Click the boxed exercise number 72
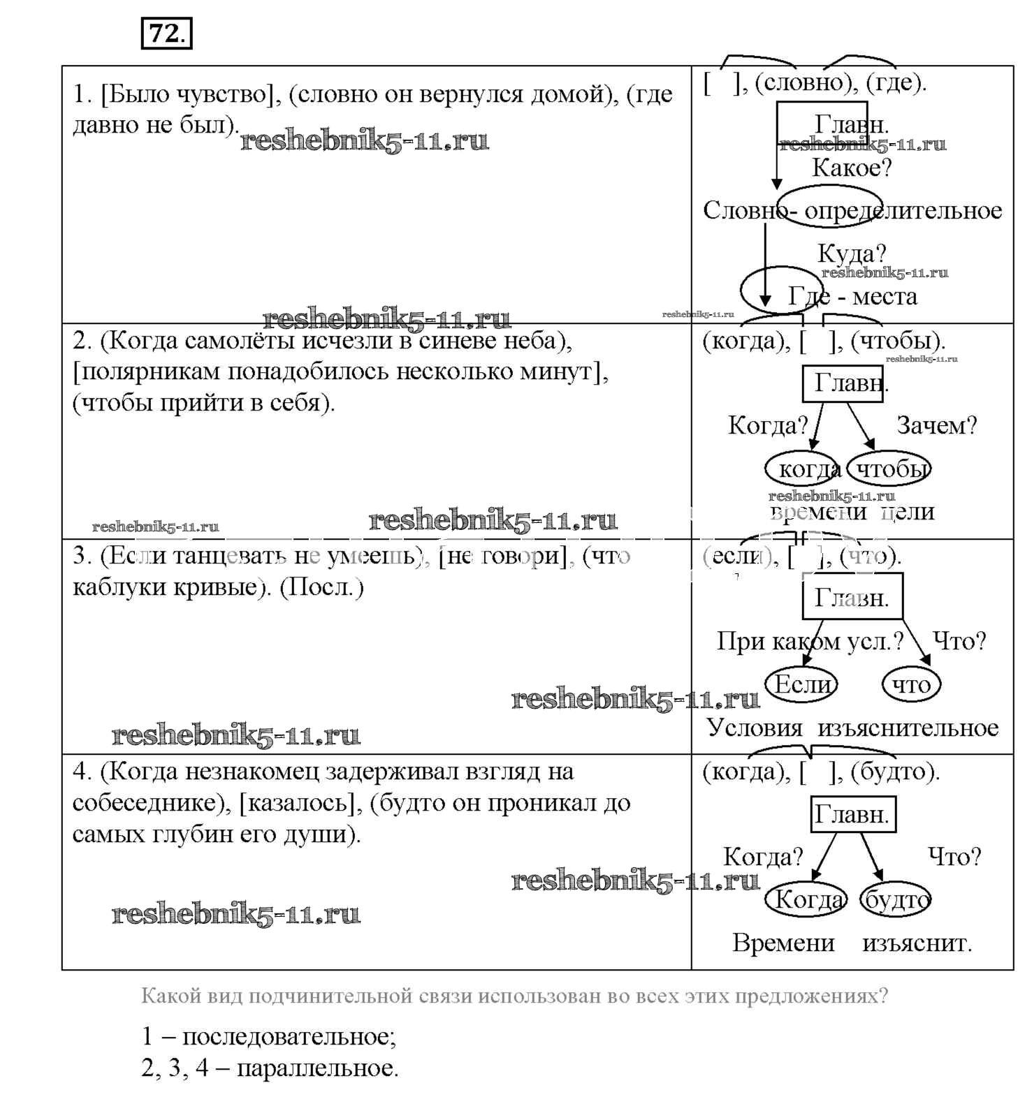[x=166, y=33]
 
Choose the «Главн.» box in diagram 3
[x=852, y=598]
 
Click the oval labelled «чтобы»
[x=889, y=469]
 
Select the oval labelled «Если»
[x=801, y=684]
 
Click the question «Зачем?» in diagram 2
[x=936, y=425]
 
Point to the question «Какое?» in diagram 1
[x=852, y=168]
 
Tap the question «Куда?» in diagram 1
[x=851, y=253]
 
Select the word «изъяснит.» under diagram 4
[x=917, y=943]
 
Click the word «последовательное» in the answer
[x=289, y=1036]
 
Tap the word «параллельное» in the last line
[x=317, y=1068]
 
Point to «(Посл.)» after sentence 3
[x=321, y=587]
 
